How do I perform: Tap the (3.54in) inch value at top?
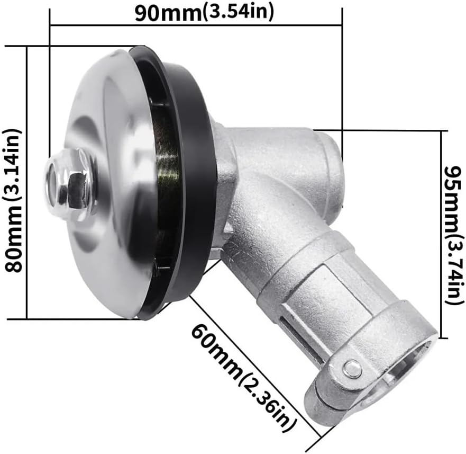click(x=238, y=12)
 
